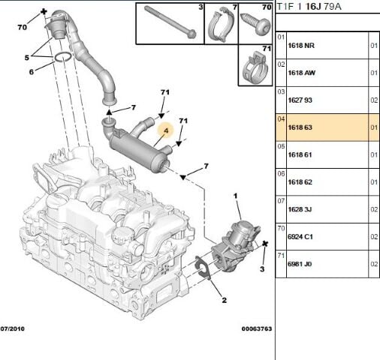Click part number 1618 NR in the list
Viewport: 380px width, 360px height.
click(301, 46)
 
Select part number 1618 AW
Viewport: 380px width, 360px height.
click(301, 73)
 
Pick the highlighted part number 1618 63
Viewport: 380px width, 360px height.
click(301, 128)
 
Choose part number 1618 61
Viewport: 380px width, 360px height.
click(301, 155)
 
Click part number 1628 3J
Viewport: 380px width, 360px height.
click(301, 210)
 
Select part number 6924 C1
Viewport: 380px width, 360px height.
click(301, 237)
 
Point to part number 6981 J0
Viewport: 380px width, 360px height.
click(301, 264)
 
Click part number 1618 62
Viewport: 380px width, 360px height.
click(301, 183)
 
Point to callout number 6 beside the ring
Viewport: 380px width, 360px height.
click(32, 72)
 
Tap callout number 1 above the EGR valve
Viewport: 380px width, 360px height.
click(235, 197)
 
